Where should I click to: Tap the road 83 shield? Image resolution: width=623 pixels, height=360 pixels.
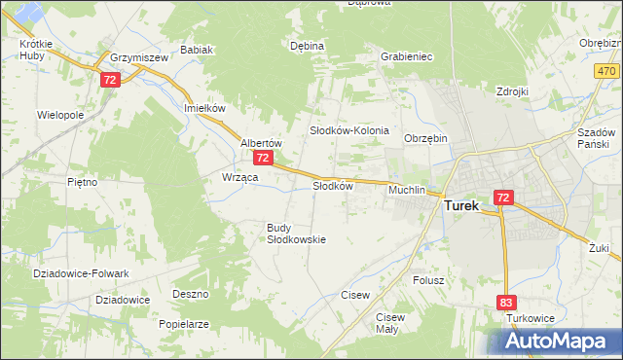pos(506,304)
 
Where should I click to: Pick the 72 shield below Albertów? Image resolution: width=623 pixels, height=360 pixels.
pos(262,158)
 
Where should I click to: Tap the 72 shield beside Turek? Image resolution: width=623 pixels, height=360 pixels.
pos(502,198)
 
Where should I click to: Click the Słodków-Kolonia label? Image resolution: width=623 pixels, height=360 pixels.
pos(349,130)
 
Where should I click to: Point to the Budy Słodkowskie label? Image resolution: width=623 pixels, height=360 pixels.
pos(296,234)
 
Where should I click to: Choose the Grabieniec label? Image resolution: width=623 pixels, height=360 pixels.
pos(407,56)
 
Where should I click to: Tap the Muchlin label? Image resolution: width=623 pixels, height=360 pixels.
pos(407,190)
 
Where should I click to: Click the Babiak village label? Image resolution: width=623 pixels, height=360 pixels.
pos(197,51)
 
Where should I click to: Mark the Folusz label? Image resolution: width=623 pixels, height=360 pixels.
pos(428,280)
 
